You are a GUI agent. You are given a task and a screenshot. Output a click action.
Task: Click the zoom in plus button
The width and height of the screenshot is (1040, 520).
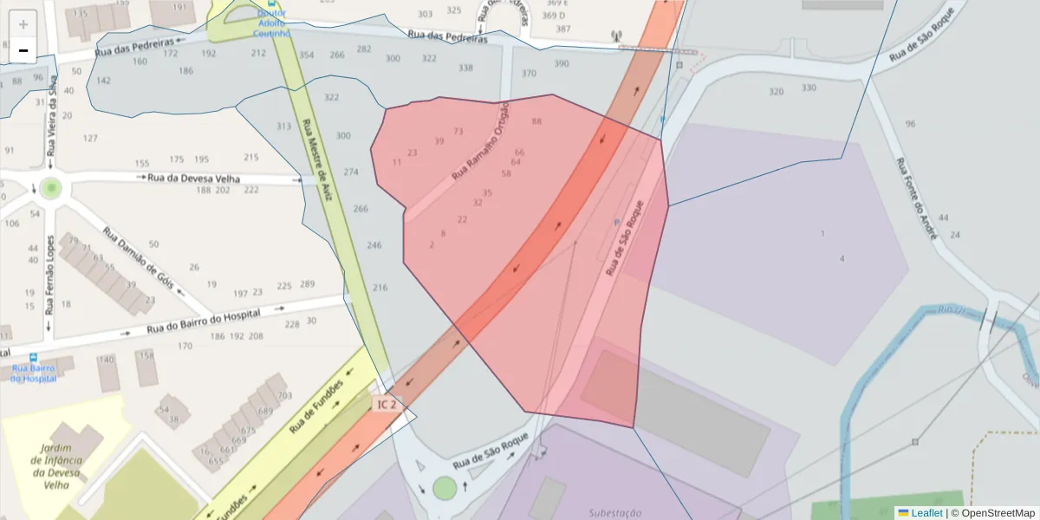point(23,24)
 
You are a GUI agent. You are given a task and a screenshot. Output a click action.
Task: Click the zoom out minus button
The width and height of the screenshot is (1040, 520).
point(23,50)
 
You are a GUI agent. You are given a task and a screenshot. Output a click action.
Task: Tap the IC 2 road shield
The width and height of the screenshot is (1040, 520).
point(387,404)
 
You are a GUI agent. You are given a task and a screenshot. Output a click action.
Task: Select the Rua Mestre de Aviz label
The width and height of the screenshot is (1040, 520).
point(317,160)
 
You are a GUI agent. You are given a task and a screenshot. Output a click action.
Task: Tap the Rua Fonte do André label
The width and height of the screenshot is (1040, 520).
point(917,196)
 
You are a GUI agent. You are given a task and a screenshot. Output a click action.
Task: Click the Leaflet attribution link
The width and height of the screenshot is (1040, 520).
point(920,513)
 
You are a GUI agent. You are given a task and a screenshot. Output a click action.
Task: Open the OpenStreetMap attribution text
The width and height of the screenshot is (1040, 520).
point(998,513)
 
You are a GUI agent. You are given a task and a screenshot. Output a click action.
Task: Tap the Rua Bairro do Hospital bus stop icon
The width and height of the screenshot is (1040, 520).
point(34,357)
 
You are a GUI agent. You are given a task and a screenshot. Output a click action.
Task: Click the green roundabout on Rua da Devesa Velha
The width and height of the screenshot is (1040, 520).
point(51,188)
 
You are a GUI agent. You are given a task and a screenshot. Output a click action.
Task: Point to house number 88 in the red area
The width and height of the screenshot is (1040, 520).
point(536,121)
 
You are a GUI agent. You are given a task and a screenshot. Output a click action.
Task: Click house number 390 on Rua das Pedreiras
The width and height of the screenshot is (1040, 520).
point(562,63)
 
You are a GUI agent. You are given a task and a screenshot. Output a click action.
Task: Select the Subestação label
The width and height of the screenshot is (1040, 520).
point(614,512)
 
